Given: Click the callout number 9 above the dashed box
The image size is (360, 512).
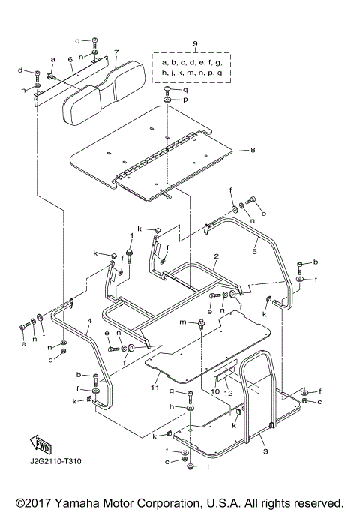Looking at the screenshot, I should point(195,46).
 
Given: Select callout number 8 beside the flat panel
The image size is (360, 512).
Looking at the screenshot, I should point(253,151).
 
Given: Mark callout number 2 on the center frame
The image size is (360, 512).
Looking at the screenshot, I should point(215,256).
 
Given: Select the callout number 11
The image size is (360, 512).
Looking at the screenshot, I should point(154,388).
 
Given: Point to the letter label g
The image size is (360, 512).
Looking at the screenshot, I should point(171,392).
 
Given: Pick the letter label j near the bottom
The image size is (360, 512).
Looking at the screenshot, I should point(208,466).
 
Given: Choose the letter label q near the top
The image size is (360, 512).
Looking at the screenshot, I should point(185,89).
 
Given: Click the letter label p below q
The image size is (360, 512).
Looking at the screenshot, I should point(185,100).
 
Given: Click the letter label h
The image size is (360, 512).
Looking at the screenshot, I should point(172,406).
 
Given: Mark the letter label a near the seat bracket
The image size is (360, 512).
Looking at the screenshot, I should point(53,58).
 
